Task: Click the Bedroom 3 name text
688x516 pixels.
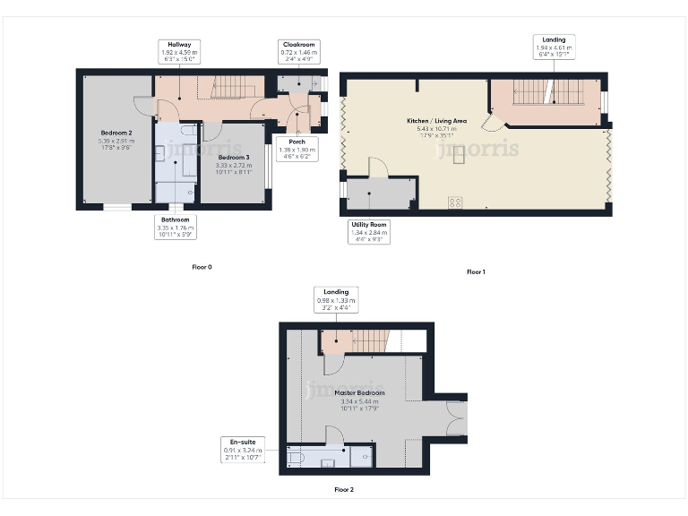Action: (x=233, y=157)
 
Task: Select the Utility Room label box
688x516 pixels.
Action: (x=369, y=232)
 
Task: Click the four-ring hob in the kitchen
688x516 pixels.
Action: (x=455, y=202)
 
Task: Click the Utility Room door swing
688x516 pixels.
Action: (x=377, y=168)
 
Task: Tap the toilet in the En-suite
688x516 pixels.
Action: (x=296, y=457)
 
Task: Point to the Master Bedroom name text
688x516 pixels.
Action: (x=359, y=393)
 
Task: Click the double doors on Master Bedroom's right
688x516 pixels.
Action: (x=457, y=417)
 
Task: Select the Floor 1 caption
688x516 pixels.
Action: (x=476, y=271)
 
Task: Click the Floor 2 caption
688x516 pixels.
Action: (x=344, y=490)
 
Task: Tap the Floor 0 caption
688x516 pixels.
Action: (x=202, y=267)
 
